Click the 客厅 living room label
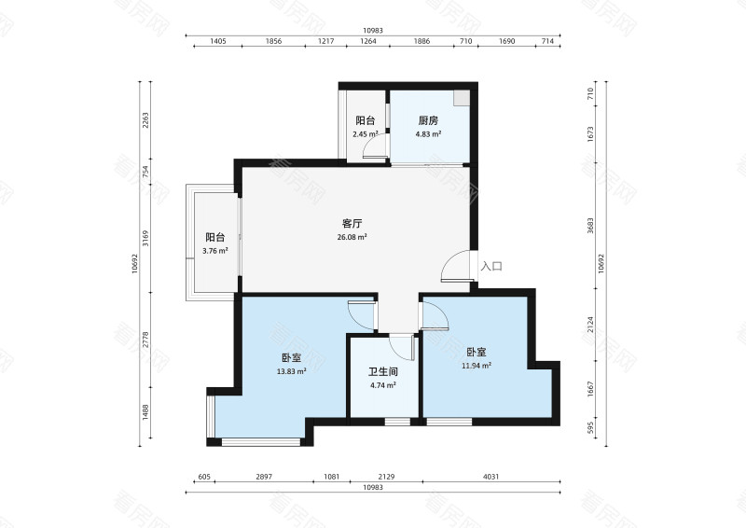click(x=352, y=224)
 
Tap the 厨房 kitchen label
click(x=428, y=121)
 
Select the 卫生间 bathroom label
click(x=383, y=370)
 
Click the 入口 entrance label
click(x=491, y=266)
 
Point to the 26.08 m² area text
click(x=352, y=237)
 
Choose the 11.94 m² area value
click(x=477, y=366)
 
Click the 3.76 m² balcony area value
click(x=215, y=250)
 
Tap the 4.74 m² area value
click(x=383, y=383)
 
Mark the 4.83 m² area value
click(x=428, y=134)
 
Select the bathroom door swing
click(x=403, y=347)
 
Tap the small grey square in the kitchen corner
click(x=461, y=97)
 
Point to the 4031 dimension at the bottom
click(x=491, y=478)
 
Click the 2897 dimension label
click(x=264, y=478)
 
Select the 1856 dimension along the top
click(x=274, y=42)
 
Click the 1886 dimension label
click(x=421, y=42)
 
